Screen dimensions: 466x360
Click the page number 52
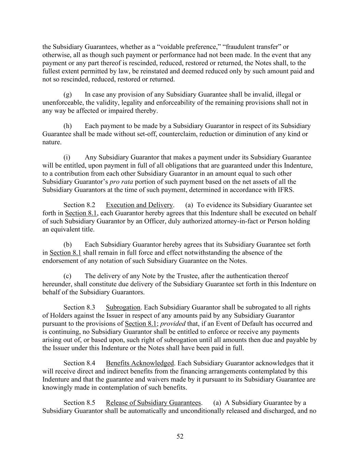click(x=180, y=436)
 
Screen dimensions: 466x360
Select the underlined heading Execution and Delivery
click(x=139, y=205)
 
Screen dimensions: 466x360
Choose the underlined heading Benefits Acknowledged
click(x=140, y=363)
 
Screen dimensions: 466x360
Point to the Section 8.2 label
click(x=79, y=205)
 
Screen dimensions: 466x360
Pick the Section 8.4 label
click(x=79, y=363)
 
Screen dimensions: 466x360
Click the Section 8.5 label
click(x=79, y=403)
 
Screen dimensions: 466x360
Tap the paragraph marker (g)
click(x=68, y=94)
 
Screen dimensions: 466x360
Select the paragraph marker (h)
click(x=68, y=126)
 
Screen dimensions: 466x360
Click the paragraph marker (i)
click(x=67, y=157)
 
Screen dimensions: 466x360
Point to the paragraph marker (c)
click(x=67, y=276)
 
